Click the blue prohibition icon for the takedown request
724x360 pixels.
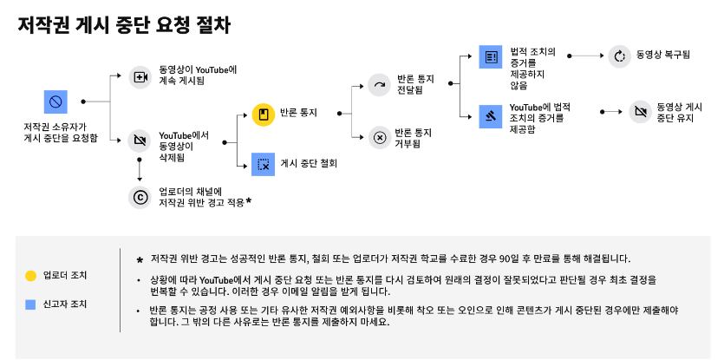pos(55,103)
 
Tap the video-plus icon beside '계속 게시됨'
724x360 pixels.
pos(139,76)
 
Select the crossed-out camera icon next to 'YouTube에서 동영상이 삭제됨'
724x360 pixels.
pos(139,140)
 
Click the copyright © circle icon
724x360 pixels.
pos(139,197)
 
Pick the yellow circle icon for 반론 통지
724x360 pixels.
pos(263,114)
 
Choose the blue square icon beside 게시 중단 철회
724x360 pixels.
pos(263,163)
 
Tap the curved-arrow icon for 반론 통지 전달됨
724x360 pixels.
pos(379,84)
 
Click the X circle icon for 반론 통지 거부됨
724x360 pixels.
pos(379,137)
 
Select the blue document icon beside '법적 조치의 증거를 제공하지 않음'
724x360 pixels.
pos(491,57)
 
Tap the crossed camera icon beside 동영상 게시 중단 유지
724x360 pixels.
pos(641,111)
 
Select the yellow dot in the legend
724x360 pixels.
pos(30,276)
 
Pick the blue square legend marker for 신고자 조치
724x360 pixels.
pos(30,304)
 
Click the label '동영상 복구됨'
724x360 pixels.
pos(662,56)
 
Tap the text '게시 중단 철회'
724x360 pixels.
pos(309,163)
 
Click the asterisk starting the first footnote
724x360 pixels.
pos(140,259)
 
